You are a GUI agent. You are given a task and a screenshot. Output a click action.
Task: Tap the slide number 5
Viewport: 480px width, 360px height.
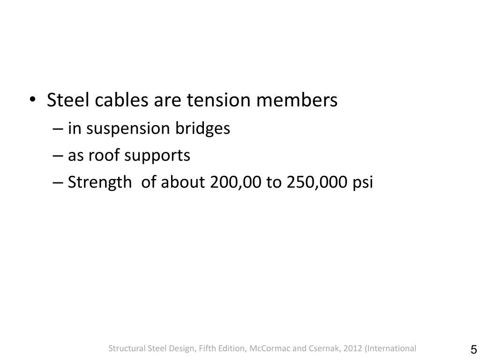tap(473, 350)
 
